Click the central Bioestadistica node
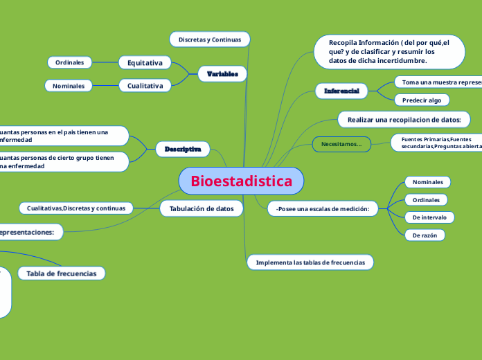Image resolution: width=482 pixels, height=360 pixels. click(x=241, y=181)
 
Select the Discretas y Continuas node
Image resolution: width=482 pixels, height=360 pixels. click(x=209, y=39)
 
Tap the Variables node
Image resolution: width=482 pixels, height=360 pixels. click(x=222, y=73)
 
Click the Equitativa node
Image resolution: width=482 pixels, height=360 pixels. click(x=145, y=63)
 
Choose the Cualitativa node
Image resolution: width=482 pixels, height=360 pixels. click(x=145, y=86)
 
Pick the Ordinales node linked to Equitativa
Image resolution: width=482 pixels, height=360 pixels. click(x=70, y=62)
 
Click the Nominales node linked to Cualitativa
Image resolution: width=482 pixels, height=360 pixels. click(x=69, y=86)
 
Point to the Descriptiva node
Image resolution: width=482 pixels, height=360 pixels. click(x=183, y=149)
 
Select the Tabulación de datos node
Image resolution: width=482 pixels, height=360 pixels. click(x=202, y=208)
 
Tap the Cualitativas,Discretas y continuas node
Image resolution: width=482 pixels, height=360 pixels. click(x=76, y=208)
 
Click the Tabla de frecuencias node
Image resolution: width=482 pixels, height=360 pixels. click(x=62, y=273)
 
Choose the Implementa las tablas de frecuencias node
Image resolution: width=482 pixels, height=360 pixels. click(x=310, y=262)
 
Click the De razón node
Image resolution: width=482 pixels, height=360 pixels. click(x=425, y=235)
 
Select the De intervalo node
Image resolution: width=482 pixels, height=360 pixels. click(x=429, y=217)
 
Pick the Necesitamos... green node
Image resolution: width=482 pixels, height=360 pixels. click(x=341, y=144)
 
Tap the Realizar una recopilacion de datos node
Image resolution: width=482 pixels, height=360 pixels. click(x=404, y=120)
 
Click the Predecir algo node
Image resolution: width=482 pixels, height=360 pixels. click(x=421, y=100)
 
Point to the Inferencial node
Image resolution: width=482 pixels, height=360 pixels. click(x=341, y=91)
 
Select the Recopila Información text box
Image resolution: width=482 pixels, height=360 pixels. click(x=389, y=52)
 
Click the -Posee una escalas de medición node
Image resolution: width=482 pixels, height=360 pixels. click(x=322, y=208)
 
